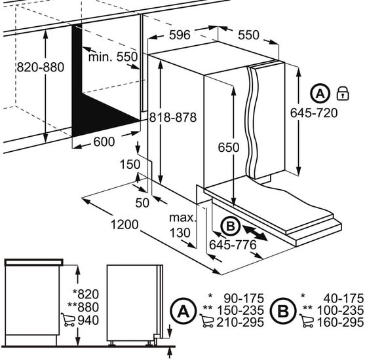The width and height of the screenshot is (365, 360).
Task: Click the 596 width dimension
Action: [180, 35]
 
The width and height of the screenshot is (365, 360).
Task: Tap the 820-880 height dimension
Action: [41, 67]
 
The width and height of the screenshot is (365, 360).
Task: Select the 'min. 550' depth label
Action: [113, 57]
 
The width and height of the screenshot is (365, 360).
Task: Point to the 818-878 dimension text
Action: [173, 117]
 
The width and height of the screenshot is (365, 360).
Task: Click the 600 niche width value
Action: [104, 141]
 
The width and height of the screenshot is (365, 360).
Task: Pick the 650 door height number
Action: [229, 147]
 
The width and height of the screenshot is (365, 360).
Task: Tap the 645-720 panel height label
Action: [314, 113]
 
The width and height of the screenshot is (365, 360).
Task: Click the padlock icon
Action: [343, 93]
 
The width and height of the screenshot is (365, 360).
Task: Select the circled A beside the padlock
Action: [320, 93]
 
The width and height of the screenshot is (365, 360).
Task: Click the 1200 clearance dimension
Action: [125, 225]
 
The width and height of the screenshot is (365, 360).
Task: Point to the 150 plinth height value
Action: [130, 164]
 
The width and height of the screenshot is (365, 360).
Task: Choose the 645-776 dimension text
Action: [233, 245]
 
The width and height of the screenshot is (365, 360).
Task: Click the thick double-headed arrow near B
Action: [255, 232]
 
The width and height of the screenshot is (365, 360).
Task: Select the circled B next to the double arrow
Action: [231, 226]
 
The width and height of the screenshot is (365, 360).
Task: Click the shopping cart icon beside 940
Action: [68, 319]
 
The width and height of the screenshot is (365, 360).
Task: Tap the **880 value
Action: [83, 307]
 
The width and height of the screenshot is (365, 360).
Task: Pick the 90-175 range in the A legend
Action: [244, 298]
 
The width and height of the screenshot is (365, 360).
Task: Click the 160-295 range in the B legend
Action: [340, 322]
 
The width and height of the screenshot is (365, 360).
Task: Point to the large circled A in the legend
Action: [183, 311]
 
